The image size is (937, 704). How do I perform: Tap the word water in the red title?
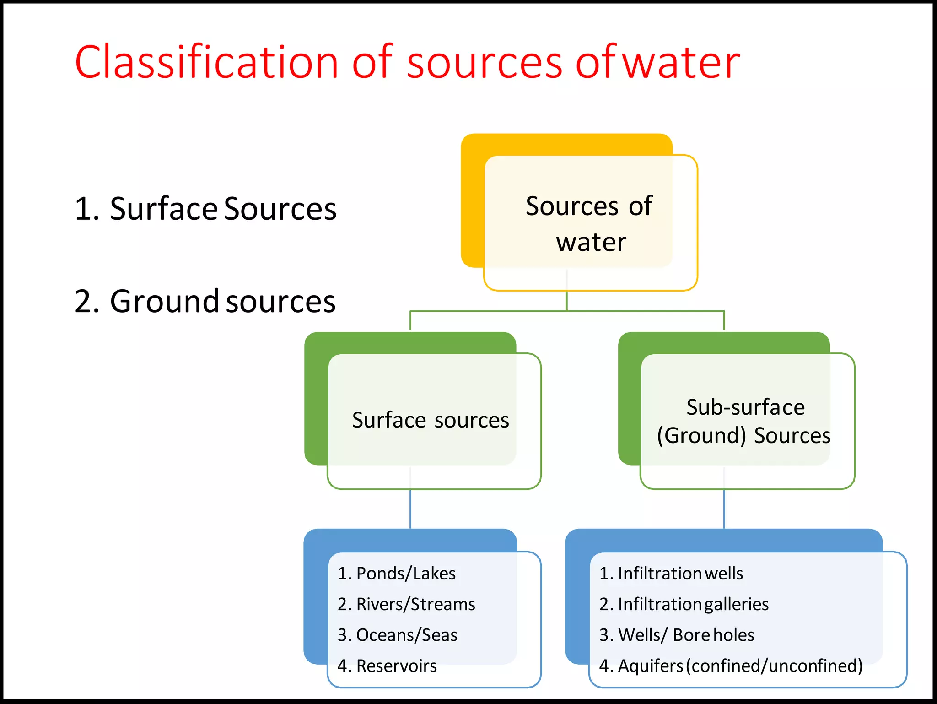682,63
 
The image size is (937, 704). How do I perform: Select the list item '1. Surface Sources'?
205,209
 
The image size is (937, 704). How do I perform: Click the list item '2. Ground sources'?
205,301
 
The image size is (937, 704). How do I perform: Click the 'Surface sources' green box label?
430,420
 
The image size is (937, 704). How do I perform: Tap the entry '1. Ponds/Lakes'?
396,574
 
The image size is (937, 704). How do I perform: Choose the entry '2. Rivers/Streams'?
406,604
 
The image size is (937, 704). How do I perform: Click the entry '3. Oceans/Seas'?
397,635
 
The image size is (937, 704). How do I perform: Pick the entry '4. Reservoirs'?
387,666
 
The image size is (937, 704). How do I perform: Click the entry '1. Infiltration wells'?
671,574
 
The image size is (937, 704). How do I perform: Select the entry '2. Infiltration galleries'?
684,604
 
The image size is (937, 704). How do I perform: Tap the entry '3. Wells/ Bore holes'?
676,635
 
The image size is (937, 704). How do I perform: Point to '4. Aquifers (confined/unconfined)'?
731,666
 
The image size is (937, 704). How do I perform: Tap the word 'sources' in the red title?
484,63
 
